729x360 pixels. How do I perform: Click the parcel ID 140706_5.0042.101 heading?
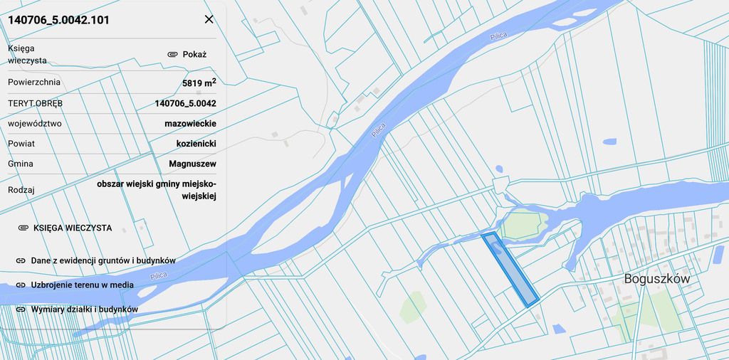58,20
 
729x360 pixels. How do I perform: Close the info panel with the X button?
209,19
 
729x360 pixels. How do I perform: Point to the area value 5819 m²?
199,83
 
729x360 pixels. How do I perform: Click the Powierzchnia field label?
34,82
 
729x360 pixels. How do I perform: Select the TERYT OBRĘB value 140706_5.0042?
185,103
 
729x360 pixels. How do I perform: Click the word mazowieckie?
190,123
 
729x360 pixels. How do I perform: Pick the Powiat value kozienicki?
196,144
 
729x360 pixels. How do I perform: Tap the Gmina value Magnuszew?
192,164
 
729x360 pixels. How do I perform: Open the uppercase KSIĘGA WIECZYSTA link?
72,228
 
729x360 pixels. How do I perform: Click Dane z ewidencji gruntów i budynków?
103,260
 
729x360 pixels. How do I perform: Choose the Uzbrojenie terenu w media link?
82,285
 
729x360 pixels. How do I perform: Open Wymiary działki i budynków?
84,309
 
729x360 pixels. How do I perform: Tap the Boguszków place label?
656,279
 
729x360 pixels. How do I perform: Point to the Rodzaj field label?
21,190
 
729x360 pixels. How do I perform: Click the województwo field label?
35,123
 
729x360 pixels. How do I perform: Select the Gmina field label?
21,164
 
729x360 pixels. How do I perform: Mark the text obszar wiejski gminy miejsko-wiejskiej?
157,189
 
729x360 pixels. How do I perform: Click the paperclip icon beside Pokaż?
172,54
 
